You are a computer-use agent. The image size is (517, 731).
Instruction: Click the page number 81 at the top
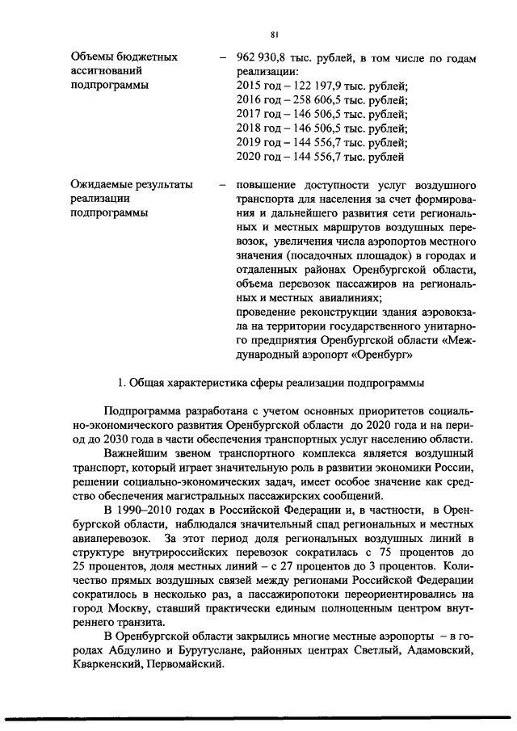pos(275,34)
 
